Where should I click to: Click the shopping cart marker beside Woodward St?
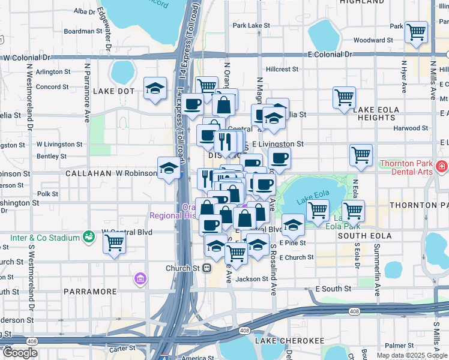(x=415, y=32)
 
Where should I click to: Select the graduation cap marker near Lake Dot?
(x=155, y=89)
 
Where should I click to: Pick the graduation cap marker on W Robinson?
(x=169, y=169)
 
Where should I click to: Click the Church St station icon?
(x=206, y=268)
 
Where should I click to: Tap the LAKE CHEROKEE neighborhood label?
(x=289, y=341)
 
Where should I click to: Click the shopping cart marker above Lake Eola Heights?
(x=344, y=98)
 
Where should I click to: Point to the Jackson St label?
(x=251, y=279)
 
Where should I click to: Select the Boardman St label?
(x=83, y=31)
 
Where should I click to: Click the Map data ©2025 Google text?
(x=412, y=355)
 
